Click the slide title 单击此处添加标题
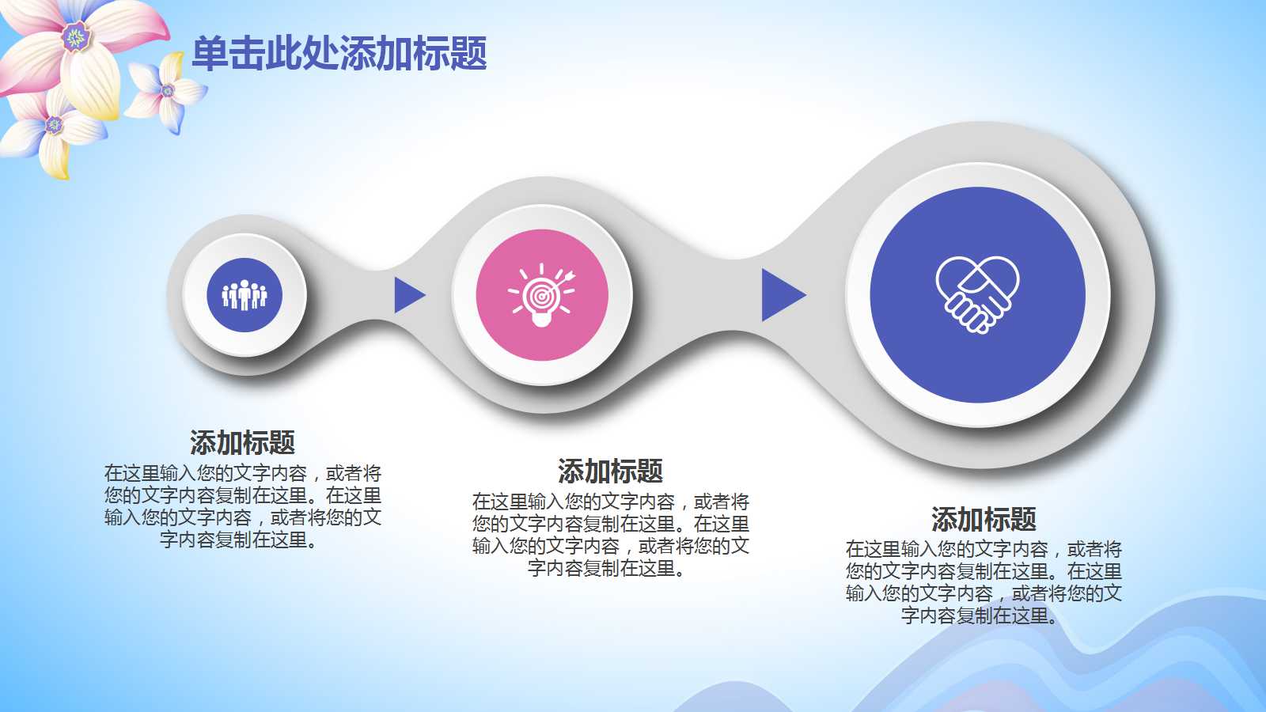click(339, 53)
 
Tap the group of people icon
click(244, 295)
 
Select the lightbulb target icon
click(541, 295)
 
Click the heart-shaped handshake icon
click(977, 294)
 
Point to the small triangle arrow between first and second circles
click(408, 294)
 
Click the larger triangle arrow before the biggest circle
click(783, 294)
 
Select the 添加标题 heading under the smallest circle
click(242, 442)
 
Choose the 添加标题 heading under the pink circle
click(610, 471)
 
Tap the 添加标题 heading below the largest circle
click(984, 519)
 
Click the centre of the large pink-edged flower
click(76, 37)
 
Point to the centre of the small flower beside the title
click(168, 90)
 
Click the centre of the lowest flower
click(54, 124)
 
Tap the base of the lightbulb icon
click(541, 320)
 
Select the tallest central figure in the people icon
click(244, 294)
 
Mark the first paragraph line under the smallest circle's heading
click(242, 473)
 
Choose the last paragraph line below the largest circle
click(980, 615)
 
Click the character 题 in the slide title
click(468, 53)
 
